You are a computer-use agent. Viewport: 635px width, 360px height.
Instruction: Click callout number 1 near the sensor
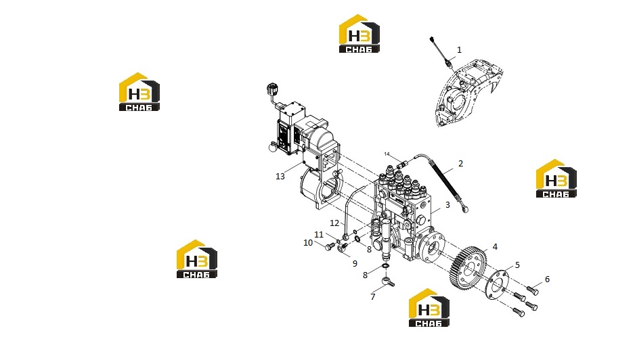point(459,50)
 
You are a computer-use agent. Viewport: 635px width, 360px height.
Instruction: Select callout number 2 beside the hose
point(460,164)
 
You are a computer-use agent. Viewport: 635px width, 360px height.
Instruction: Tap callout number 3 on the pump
point(447,205)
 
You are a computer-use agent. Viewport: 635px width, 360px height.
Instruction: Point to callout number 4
point(495,246)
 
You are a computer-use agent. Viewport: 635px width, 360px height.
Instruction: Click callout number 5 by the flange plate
point(517,265)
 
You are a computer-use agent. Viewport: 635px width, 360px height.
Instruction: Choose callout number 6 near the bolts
point(547,279)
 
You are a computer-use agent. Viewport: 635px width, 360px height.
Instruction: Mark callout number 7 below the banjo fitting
point(373,297)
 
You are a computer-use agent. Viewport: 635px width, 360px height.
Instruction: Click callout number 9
point(355,264)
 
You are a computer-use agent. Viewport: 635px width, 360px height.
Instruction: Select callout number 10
point(308,242)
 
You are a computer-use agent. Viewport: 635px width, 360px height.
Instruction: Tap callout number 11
point(319,234)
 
